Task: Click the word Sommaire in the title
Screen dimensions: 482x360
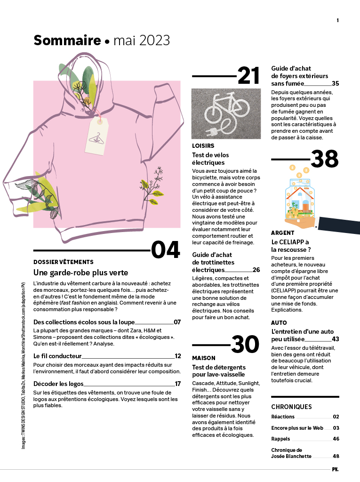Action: pos(67,41)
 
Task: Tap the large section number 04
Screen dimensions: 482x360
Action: pos(165,250)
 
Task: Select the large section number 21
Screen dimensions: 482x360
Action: pos(248,75)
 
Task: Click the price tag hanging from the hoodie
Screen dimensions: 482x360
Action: pos(97,137)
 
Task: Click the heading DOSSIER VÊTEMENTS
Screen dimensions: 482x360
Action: pos(64,262)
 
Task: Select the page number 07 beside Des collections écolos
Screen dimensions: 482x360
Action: pos(177,322)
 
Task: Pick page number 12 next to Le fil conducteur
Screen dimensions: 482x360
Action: pos(178,356)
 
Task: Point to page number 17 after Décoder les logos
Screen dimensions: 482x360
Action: pos(178,384)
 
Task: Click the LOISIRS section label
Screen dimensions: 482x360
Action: pos(203,146)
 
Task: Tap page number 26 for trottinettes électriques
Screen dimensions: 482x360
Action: pos(256,270)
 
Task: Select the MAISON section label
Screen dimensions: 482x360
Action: pos(204,358)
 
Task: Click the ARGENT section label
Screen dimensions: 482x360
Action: pos(283,233)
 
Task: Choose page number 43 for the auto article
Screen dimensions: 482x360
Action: pos(335,339)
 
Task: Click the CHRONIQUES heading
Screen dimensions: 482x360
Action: pos(291,407)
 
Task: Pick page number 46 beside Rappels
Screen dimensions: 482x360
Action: pos(336,439)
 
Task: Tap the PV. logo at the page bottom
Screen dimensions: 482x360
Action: pos(335,469)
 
